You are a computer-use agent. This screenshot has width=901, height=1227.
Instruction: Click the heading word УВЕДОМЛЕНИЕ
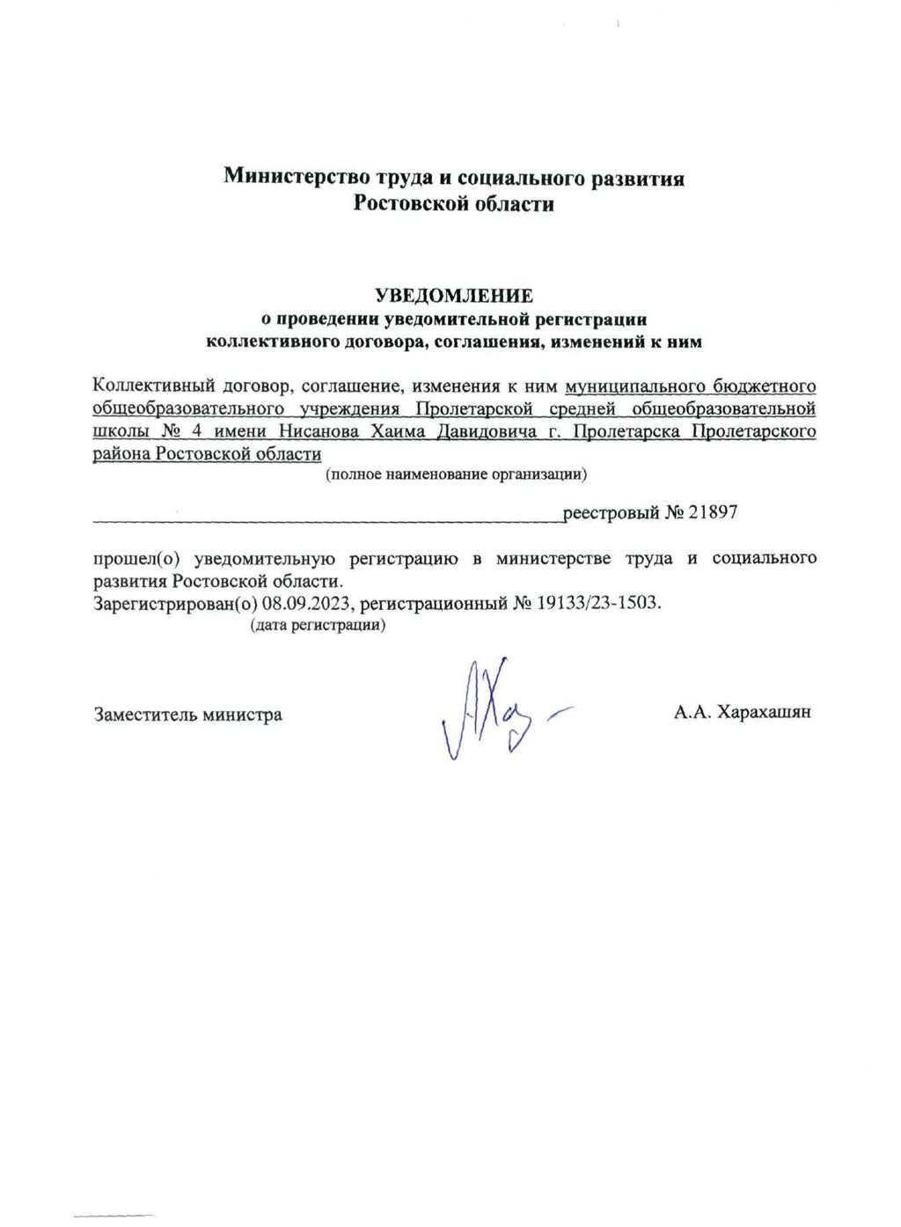(x=454, y=295)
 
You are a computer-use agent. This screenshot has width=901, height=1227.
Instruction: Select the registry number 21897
(x=713, y=512)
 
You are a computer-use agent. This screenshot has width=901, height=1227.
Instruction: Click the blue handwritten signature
(x=493, y=709)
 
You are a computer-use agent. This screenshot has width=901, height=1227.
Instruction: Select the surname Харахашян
(x=764, y=712)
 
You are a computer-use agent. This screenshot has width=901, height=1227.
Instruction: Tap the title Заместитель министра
(x=188, y=715)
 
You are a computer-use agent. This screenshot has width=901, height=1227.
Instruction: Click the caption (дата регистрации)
(x=318, y=625)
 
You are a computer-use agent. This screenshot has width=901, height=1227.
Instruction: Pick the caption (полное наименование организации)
(x=457, y=474)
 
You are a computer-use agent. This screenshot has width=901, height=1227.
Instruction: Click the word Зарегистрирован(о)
(x=175, y=604)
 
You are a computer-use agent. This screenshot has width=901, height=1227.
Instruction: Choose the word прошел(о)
(x=136, y=558)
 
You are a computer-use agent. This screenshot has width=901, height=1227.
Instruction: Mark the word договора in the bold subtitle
(x=370, y=342)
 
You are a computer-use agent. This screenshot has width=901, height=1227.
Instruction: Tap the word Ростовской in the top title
(x=407, y=204)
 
